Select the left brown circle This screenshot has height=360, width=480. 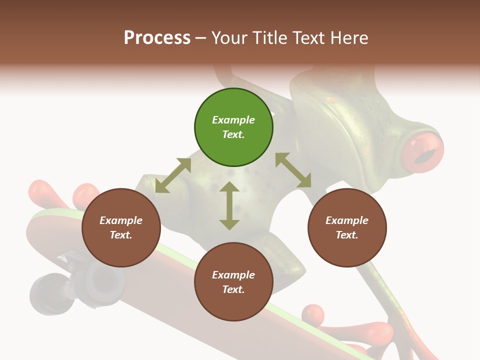coord(121,227)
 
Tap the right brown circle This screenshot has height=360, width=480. coord(347,227)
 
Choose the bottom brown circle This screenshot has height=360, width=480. coord(233,281)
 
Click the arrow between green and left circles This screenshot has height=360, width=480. coord(173,175)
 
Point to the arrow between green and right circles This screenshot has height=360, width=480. coord(293,170)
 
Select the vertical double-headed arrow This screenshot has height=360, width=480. coord(229,205)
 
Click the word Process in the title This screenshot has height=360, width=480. coord(157,37)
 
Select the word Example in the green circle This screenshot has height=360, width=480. coord(233,120)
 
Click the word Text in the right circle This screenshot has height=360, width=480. coord(347,235)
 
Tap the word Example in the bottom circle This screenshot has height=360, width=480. coord(233,274)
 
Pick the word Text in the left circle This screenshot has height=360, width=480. coord(121,235)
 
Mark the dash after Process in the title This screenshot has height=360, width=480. coord(201,37)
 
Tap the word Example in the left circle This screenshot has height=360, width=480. coord(121,220)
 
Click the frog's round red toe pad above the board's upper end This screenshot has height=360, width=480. coord(85,196)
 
